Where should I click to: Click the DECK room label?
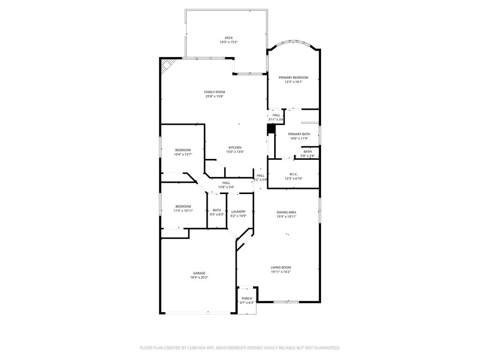tap(229, 38)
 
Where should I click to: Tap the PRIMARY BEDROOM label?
tap(293, 78)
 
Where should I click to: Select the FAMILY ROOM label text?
tap(215, 92)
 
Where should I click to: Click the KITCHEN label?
tap(235, 148)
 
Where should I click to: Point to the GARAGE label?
tap(199, 273)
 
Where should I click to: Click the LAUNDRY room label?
tap(239, 211)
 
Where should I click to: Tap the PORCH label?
tap(247, 299)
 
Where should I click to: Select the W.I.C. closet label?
tap(293, 174)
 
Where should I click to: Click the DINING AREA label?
tap(286, 212)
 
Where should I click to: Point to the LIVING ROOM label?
tap(281, 267)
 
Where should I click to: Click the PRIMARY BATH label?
tap(299, 134)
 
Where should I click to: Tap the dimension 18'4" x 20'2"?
tap(199, 277)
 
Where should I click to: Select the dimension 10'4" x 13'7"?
tap(183, 154)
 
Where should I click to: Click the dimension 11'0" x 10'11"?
tap(183, 210)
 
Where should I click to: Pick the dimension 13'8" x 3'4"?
tap(226, 187)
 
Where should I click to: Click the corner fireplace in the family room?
tap(167, 66)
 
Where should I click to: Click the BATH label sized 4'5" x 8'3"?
tap(217, 210)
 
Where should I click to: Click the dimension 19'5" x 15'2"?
tap(229, 42)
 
